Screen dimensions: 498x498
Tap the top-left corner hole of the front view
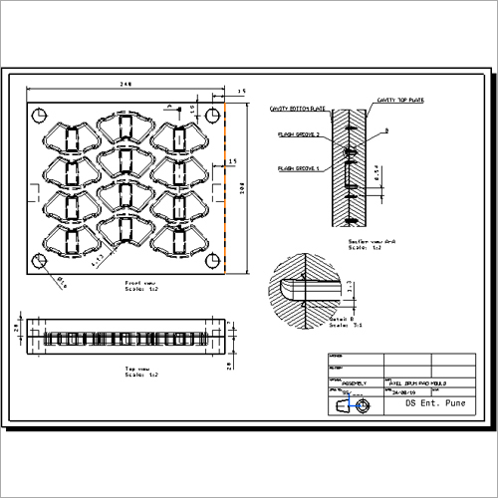[x=39, y=113]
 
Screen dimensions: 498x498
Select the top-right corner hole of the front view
[x=211, y=115]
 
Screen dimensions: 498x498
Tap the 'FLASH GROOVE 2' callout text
[x=298, y=133]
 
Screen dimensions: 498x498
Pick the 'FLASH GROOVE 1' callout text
[x=298, y=169]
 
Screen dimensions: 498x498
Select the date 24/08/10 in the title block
[x=402, y=392]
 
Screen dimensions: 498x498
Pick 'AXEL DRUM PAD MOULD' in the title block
[x=417, y=381]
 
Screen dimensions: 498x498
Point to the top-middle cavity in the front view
[x=126, y=129]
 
